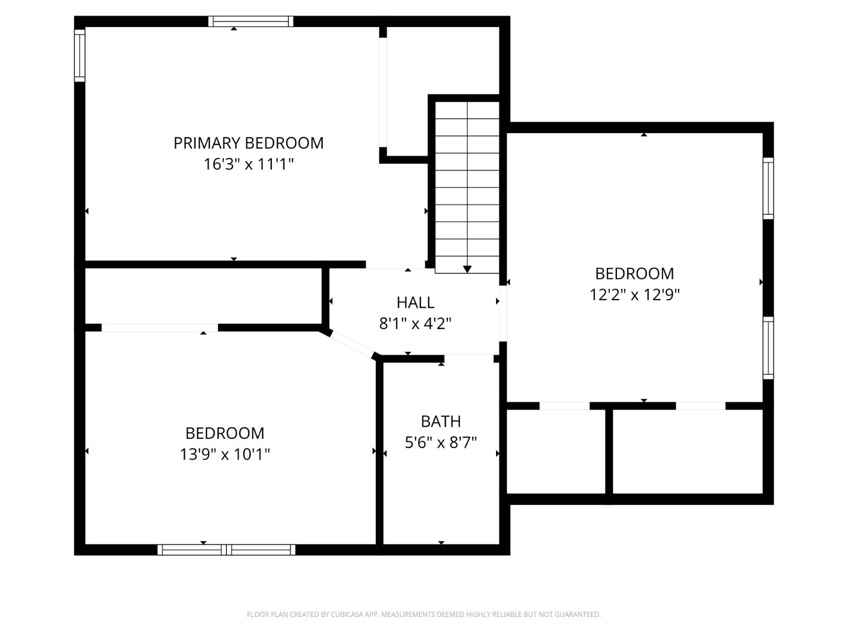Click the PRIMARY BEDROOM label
click(248, 143)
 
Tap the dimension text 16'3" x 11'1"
click(248, 164)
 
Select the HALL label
click(415, 303)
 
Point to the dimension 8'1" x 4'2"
click(415, 323)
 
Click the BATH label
click(440, 421)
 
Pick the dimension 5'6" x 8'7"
click(440, 443)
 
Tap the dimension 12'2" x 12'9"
click(634, 295)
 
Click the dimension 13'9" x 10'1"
click(225, 454)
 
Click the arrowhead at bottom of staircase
click(467, 269)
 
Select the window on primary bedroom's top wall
click(250, 21)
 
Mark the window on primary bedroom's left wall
click(79, 55)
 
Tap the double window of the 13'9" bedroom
click(226, 550)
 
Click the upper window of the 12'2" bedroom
click(768, 188)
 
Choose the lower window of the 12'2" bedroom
click(768, 348)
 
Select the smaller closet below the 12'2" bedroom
click(556, 451)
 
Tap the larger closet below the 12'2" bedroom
click(687, 451)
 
